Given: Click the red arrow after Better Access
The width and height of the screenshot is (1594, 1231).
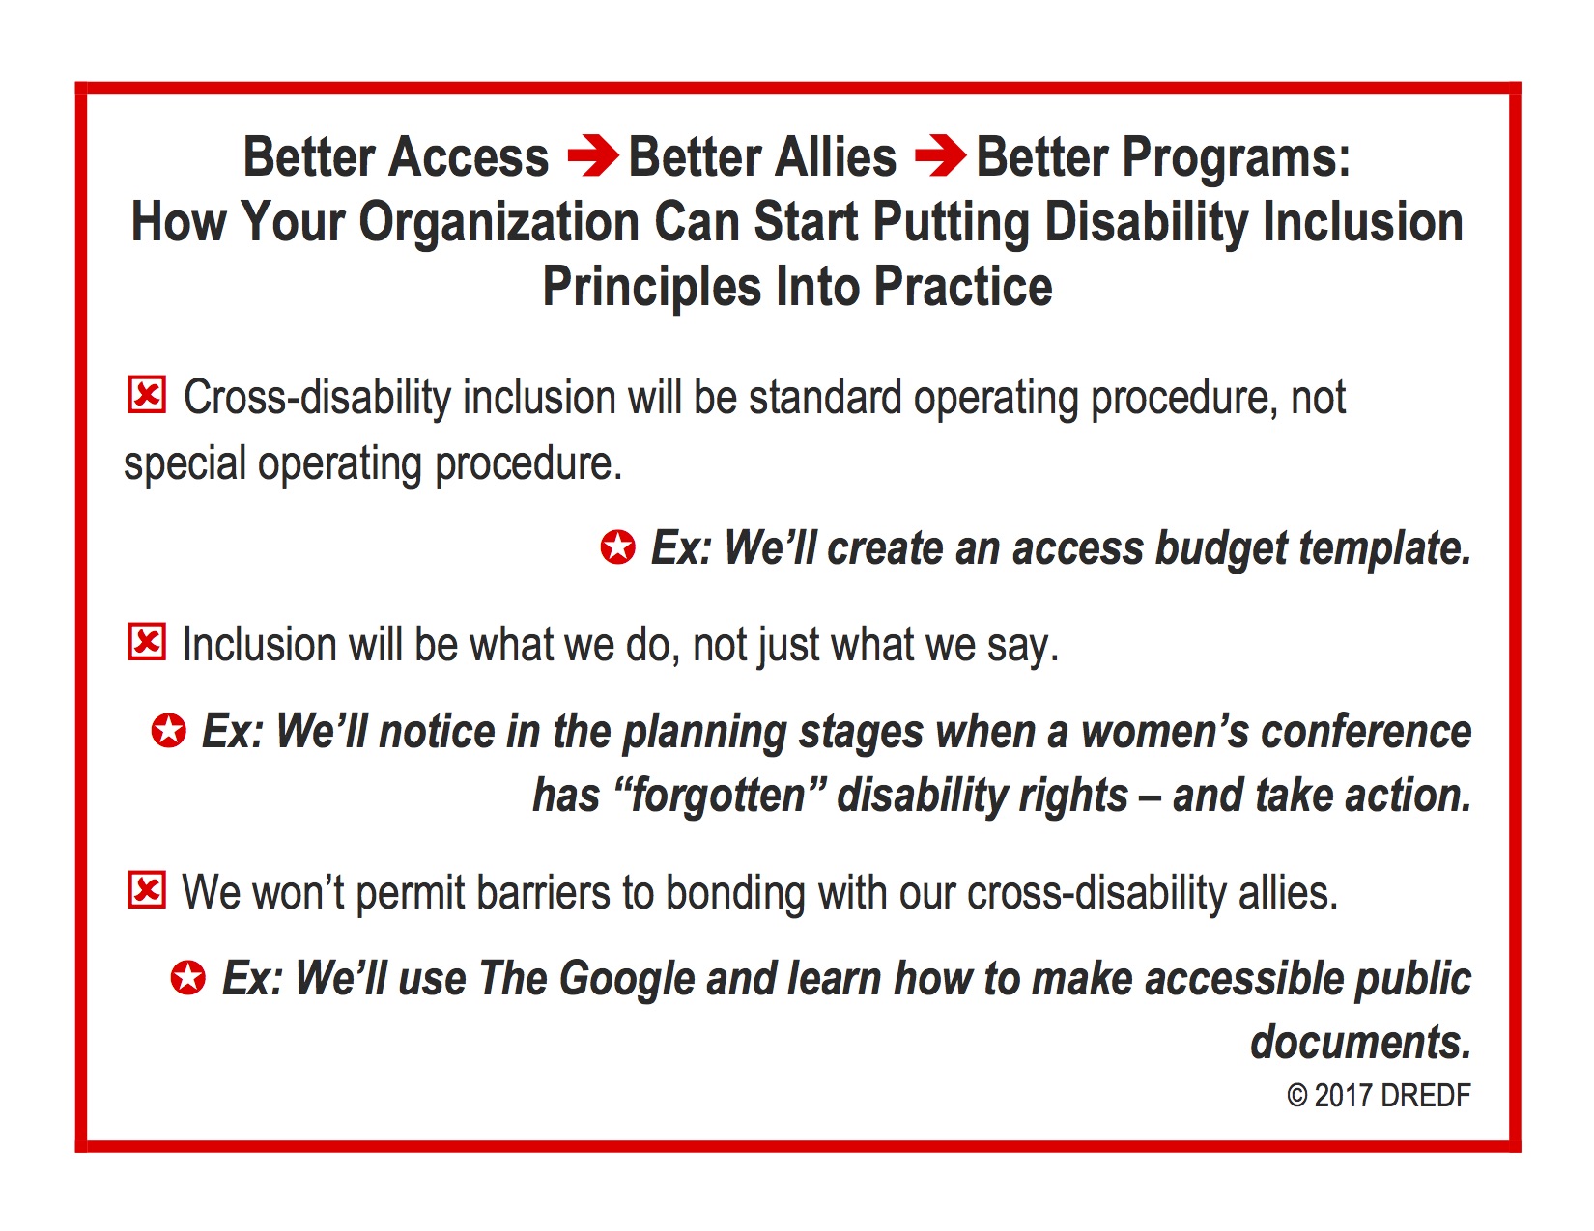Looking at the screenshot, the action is (593, 154).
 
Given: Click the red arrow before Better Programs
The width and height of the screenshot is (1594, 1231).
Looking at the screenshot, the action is (940, 154).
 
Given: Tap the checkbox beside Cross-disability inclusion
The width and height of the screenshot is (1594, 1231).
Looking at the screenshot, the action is (147, 395).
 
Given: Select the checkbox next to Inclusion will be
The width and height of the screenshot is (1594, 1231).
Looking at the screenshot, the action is (147, 642).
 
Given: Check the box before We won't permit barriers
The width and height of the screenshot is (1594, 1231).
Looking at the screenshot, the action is (147, 890).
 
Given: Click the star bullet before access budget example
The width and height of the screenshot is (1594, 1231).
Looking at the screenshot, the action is (617, 546).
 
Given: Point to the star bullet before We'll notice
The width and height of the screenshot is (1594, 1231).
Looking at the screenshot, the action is (169, 730).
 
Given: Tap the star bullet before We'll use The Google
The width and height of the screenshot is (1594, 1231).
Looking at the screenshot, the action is (187, 977).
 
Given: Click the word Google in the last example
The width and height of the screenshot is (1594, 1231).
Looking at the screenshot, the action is (626, 980).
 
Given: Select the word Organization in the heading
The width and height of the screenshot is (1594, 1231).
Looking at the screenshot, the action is (498, 222).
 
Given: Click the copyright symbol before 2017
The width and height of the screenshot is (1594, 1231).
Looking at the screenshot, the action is (1296, 1096).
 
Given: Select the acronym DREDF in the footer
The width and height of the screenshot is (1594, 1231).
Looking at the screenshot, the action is (1425, 1096).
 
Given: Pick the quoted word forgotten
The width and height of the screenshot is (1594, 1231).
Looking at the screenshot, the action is (718, 797).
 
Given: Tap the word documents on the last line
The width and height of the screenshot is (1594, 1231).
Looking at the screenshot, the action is (1361, 1042).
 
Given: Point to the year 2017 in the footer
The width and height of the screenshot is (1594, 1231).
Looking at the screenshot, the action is (1343, 1096).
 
